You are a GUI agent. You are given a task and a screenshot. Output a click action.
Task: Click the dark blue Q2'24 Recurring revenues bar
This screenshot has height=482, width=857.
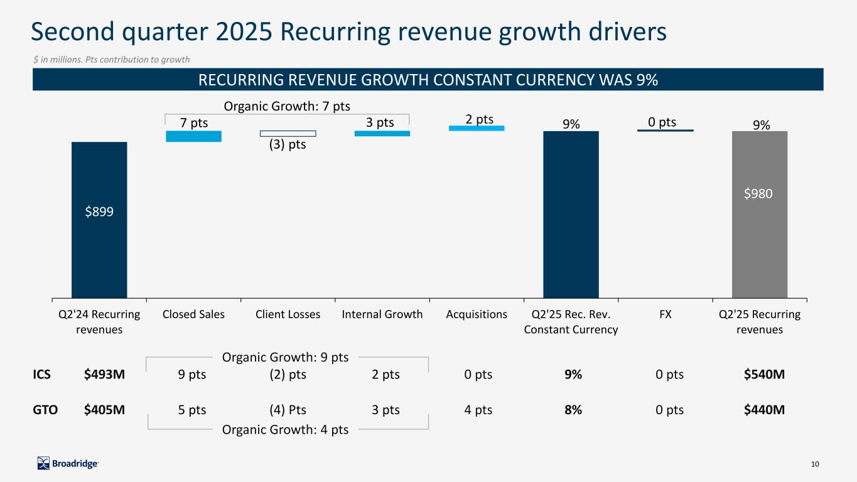click(99, 220)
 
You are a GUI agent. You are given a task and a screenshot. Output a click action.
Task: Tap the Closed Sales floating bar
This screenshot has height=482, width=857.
click(193, 136)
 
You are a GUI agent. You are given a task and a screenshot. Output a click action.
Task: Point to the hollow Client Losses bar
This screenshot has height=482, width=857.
click(288, 134)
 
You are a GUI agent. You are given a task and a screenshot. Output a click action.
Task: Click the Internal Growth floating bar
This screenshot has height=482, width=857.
click(382, 133)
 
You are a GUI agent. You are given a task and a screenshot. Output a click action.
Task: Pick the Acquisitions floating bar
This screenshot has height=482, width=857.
click(476, 129)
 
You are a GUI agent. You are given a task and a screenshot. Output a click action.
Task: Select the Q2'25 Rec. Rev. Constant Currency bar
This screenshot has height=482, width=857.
click(571, 214)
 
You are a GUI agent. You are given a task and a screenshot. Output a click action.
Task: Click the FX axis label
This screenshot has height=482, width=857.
click(665, 314)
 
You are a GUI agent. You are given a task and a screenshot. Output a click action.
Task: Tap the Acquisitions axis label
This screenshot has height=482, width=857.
click(477, 314)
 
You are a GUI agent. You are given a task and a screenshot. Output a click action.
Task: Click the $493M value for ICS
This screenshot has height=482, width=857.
click(104, 375)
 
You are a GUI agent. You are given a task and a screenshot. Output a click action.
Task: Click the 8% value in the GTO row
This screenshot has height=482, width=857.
click(573, 410)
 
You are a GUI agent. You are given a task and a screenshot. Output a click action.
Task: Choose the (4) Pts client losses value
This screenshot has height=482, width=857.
click(288, 410)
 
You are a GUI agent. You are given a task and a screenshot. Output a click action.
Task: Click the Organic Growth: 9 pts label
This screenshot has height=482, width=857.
click(285, 358)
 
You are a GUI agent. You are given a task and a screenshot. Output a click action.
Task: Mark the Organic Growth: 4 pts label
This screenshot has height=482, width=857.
click(285, 429)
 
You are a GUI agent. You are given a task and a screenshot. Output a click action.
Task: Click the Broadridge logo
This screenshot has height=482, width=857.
click(68, 463)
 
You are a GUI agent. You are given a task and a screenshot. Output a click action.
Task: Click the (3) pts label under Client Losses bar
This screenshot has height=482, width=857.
click(288, 144)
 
